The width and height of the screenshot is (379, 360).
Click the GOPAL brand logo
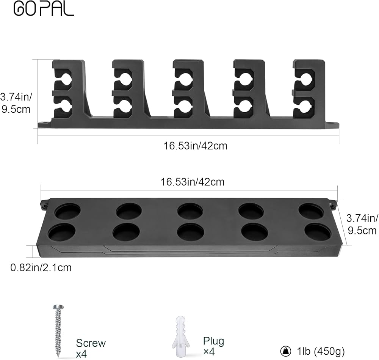(x=44, y=9)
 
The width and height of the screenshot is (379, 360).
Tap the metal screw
(x=58, y=331)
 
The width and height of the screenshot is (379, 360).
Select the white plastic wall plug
(x=181, y=336)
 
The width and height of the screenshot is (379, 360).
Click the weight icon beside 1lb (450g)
(x=286, y=351)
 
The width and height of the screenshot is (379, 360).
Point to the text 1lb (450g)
(x=321, y=351)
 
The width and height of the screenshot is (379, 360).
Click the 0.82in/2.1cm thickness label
(x=41, y=267)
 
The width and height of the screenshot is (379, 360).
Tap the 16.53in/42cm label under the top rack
(x=195, y=146)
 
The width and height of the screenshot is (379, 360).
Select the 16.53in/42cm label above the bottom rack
(x=193, y=182)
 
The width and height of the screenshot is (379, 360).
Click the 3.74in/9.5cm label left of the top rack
(x=16, y=103)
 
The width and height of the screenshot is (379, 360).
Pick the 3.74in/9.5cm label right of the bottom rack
(x=362, y=224)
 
